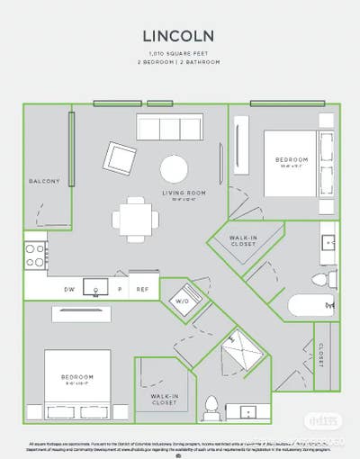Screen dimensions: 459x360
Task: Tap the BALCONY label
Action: click(44, 181)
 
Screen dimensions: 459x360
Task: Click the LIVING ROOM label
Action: click(184, 193)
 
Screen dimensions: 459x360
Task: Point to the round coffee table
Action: click(175, 168)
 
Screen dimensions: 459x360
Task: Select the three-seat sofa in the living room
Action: click(175, 126)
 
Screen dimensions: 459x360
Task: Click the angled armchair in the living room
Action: click(120, 159)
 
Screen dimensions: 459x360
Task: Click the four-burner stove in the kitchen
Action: click(35, 255)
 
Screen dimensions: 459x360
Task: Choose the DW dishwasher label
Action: click(69, 289)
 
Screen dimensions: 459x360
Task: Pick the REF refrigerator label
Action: click(142, 289)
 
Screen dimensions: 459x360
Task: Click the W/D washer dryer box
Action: click(182, 300)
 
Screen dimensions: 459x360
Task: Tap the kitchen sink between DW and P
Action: click(94, 287)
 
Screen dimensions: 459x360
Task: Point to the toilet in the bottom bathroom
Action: click(211, 408)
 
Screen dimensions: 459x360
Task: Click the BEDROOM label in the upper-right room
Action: click(291, 160)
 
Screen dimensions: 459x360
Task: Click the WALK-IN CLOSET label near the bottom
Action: click(164, 399)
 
